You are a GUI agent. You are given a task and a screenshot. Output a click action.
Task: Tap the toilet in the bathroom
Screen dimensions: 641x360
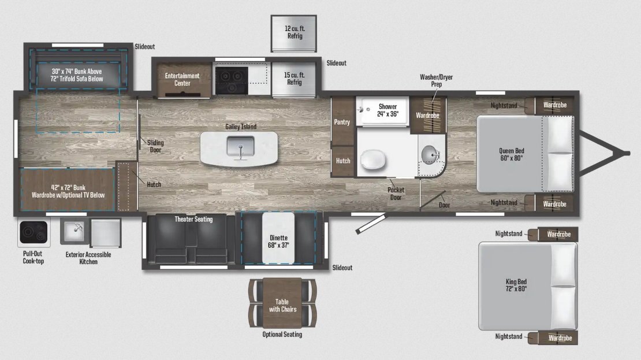(x=373, y=159)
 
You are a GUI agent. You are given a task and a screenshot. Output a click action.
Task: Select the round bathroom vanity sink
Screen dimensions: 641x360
(x=430, y=155)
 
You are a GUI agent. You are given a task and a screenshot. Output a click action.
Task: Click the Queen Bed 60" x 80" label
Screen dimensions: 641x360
(x=512, y=154)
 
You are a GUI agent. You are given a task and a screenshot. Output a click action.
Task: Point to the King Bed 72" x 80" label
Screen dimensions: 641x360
(x=516, y=285)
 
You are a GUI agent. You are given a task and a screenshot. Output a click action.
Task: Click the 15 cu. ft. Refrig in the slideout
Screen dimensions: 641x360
(x=294, y=79)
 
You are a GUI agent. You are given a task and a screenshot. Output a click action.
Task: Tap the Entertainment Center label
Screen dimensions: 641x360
(x=182, y=79)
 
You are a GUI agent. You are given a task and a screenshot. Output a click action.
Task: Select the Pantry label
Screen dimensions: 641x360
(x=342, y=122)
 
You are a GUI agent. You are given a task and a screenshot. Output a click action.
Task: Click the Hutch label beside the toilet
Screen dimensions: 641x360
(x=343, y=161)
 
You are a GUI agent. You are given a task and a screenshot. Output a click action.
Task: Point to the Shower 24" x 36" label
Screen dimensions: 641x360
(x=387, y=110)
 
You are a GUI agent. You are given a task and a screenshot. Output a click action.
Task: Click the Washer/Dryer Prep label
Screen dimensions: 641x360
(x=436, y=80)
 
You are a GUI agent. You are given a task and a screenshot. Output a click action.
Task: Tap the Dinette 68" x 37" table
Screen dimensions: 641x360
(x=278, y=238)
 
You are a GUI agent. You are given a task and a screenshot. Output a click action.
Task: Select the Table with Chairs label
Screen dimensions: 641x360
(x=282, y=305)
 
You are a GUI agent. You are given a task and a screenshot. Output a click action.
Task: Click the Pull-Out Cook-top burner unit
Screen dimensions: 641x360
(x=33, y=232)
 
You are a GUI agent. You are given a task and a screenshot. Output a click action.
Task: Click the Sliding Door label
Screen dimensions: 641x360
(x=155, y=146)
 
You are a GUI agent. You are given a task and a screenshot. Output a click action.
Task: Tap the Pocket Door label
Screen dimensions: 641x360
(x=396, y=194)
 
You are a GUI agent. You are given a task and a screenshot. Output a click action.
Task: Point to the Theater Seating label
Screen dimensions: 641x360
(x=194, y=219)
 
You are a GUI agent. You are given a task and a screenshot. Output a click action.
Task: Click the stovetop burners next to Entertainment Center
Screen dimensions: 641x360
(x=232, y=80)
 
